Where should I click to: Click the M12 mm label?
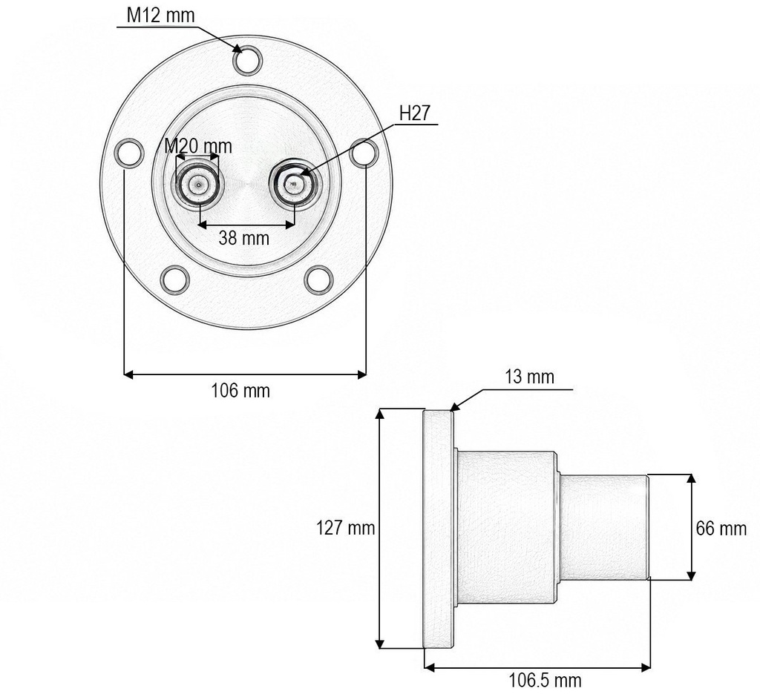click(x=160, y=15)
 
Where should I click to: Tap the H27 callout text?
click(x=414, y=113)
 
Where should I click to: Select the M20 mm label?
click(x=197, y=146)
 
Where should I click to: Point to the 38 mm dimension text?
click(x=243, y=238)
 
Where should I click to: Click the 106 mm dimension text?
click(x=240, y=390)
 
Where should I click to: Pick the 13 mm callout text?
click(x=529, y=377)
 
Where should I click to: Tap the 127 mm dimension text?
click(x=346, y=527)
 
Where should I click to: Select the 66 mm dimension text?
click(x=721, y=528)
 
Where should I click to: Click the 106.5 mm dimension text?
click(x=545, y=680)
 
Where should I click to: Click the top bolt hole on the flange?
click(x=248, y=60)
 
